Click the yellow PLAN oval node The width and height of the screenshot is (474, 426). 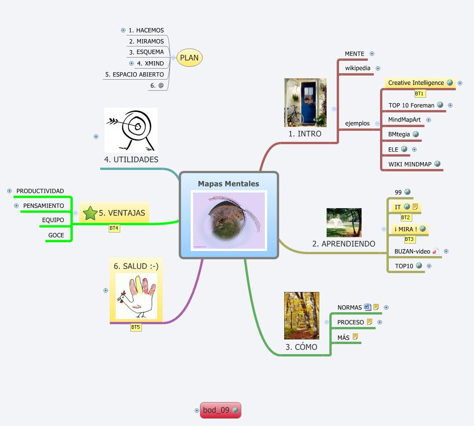tap(189, 58)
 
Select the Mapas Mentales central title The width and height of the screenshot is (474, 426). tap(228, 184)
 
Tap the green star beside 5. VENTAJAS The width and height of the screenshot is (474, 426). tap(90, 213)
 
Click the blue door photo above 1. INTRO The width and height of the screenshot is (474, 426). tap(305, 102)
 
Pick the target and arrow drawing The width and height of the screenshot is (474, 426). tap(131, 130)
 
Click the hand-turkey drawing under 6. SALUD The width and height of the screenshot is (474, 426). tap(136, 296)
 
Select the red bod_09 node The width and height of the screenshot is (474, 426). tap(216, 410)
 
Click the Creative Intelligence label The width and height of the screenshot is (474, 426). tap(415, 83)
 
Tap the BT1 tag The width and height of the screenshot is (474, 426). tap(419, 93)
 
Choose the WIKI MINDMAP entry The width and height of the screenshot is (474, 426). tap(410, 164)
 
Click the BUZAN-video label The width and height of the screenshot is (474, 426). tap(412, 251)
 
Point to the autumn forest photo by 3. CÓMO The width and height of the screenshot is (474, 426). tap(302, 315)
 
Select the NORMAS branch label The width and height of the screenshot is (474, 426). tap(349, 307)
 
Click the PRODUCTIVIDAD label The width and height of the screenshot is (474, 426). tap(40, 191)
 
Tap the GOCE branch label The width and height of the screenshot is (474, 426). tap(56, 235)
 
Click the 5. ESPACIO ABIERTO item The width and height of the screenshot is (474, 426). tap(135, 74)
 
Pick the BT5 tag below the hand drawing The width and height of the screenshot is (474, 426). tap(136, 327)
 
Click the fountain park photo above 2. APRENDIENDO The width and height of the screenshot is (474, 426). tap(344, 222)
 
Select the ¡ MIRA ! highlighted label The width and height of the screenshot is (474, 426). tap(405, 229)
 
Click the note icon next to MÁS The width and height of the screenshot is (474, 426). tap(355, 337)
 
